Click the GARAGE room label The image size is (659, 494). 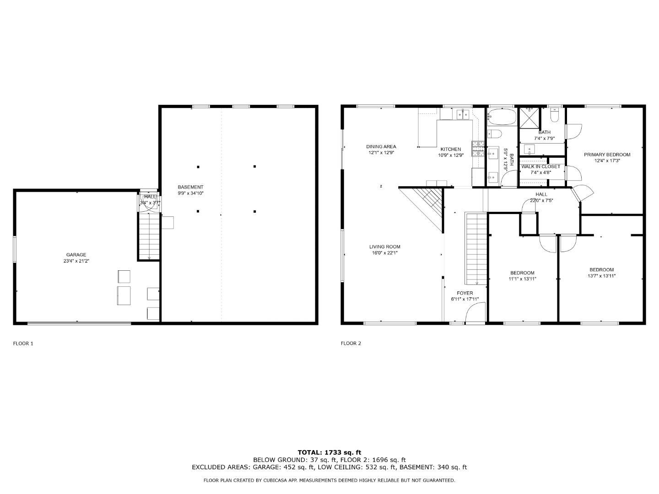tap(76, 255)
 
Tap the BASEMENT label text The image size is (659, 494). tap(190, 187)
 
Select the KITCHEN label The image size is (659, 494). tap(450, 149)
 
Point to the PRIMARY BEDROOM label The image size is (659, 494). tap(607, 155)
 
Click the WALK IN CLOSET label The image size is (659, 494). tap(540, 166)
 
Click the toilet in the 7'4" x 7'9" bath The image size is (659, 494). tap(554, 116)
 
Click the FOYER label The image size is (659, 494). tap(465, 293)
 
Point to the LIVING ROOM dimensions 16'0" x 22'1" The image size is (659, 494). tap(384, 252)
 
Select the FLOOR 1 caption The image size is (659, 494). tap(23, 344)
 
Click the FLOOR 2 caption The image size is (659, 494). tap(351, 344)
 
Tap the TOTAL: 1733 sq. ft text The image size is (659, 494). tap(329, 452)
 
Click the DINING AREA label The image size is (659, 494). tap(381, 147)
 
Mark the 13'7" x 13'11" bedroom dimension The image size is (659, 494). tap(601, 276)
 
